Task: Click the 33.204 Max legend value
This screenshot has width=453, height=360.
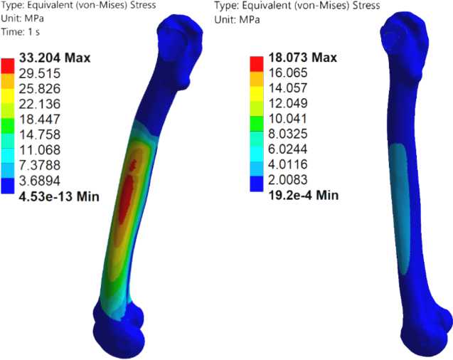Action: tap(55, 58)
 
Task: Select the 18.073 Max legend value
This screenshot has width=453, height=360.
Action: tap(303, 57)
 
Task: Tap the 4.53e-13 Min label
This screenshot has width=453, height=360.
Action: tap(59, 196)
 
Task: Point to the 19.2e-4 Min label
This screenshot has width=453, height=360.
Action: tap(304, 195)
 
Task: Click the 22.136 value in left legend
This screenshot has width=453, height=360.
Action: tap(40, 104)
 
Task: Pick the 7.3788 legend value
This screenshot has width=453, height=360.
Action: tap(40, 165)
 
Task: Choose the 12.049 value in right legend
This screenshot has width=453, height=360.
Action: tap(288, 103)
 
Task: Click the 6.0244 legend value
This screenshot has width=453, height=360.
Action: tap(288, 149)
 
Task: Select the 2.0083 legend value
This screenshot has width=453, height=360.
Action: tap(288, 180)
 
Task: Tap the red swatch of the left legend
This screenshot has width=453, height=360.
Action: tap(8, 66)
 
